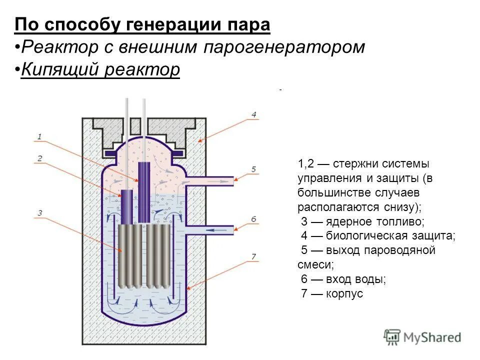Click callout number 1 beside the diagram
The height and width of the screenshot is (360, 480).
pos(39,136)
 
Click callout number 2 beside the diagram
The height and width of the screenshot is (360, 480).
pos(39,158)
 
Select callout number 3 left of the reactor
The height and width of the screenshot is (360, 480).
pos(39,213)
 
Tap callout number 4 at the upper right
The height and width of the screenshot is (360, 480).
pos(253,114)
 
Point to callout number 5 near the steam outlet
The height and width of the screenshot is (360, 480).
pos(253,169)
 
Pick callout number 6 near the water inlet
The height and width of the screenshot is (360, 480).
pos(253,219)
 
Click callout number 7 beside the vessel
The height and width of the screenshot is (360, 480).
pos(253,256)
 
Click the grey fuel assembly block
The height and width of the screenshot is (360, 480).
pos(143,256)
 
